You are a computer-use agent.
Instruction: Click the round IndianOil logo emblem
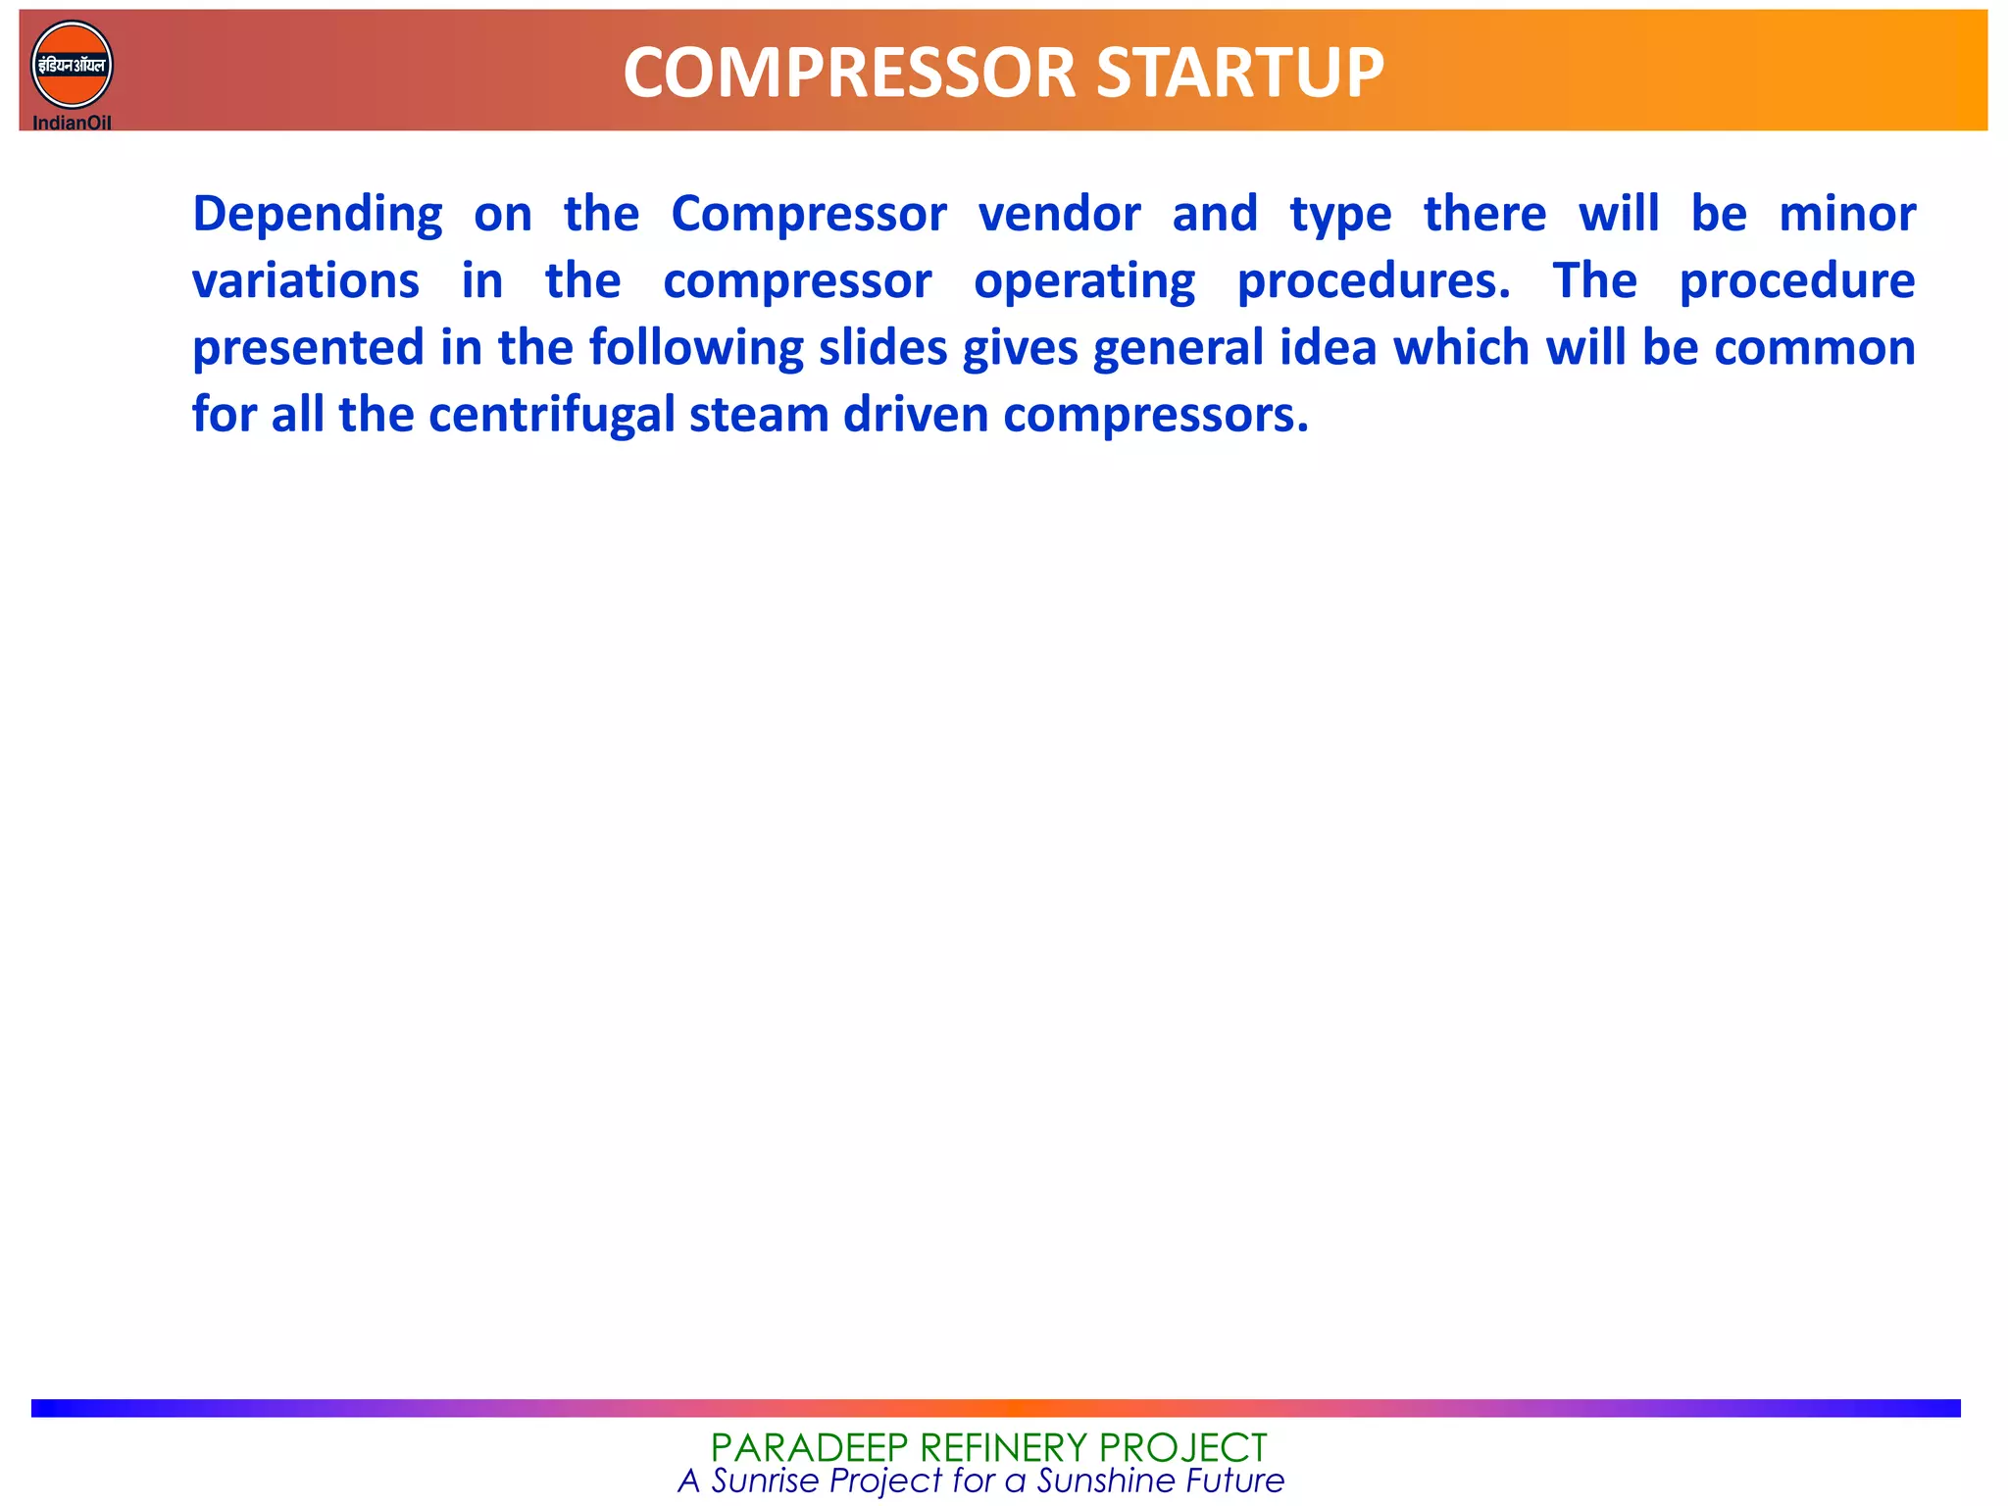(72, 65)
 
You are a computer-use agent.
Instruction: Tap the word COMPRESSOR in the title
(849, 74)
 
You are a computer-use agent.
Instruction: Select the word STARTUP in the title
(1239, 74)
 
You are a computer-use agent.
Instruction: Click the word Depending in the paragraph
(317, 216)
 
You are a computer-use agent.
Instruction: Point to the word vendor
(1059, 214)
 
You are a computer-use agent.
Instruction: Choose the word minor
(1847, 214)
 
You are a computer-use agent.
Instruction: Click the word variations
(305, 281)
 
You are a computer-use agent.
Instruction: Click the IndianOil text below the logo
(72, 123)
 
